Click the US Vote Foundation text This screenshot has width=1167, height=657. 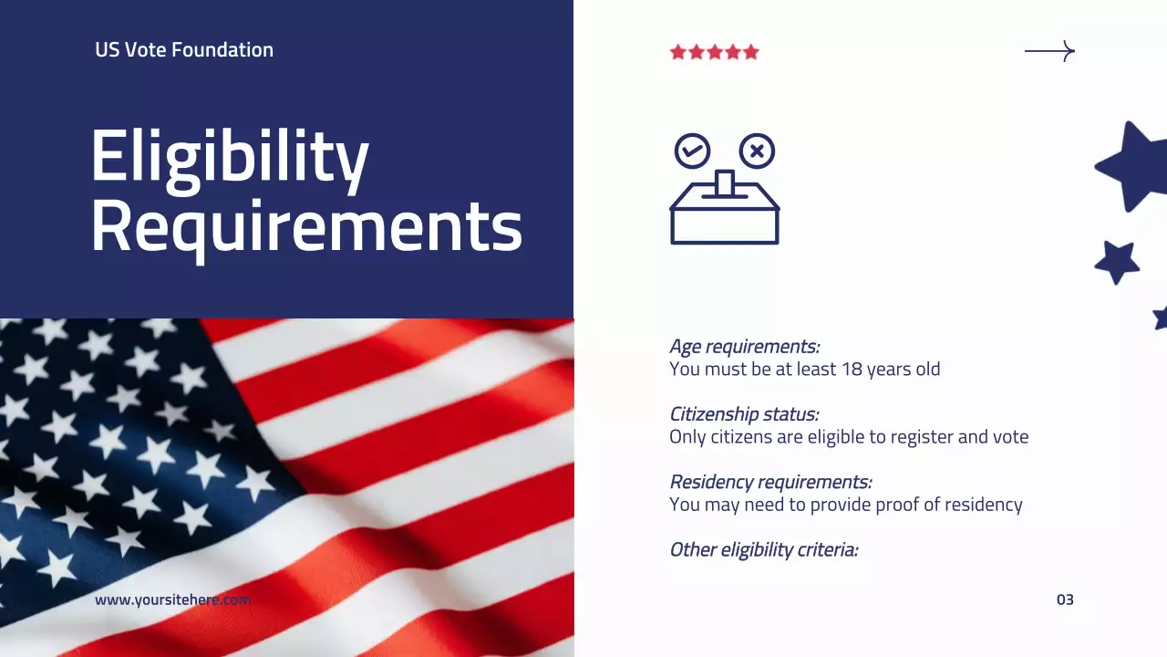[x=184, y=50]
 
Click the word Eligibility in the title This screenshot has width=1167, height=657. [x=229, y=157]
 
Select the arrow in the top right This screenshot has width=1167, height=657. [x=1049, y=52]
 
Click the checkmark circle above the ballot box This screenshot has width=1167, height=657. [x=692, y=151]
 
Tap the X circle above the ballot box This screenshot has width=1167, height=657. [x=757, y=151]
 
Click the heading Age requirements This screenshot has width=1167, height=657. [x=744, y=347]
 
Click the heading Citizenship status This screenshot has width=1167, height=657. [x=744, y=414]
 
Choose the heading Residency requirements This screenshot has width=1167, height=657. [x=770, y=482]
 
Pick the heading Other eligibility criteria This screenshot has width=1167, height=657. [x=764, y=549]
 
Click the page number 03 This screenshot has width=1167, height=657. [x=1065, y=600]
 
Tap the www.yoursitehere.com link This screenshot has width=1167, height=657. [x=172, y=600]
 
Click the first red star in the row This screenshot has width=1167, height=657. [x=677, y=52]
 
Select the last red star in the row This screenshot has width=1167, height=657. [x=751, y=52]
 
